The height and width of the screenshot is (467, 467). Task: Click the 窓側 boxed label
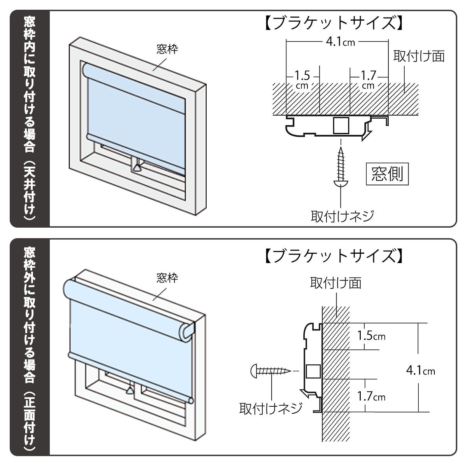[x=387, y=174]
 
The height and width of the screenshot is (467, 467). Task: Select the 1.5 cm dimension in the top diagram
[x=302, y=79]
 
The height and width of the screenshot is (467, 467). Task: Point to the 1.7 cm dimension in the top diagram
[x=368, y=79]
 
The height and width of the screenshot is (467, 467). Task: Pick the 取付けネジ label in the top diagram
[x=342, y=216]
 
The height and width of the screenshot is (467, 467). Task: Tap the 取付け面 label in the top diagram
[x=419, y=56]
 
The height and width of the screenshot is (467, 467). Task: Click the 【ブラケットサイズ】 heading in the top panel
[x=333, y=23]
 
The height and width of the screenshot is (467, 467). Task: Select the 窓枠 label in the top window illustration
[x=167, y=49]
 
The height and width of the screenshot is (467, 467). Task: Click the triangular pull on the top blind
[x=137, y=168]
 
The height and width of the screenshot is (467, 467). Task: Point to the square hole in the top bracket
[x=341, y=125]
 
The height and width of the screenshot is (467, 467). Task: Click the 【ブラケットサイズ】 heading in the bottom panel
[x=333, y=256]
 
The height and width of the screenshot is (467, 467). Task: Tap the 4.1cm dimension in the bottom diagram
[x=420, y=370]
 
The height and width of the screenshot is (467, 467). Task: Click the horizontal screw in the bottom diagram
[x=271, y=370]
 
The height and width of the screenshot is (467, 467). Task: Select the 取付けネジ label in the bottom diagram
[x=271, y=408]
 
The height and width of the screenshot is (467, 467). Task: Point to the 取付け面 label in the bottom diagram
[x=335, y=283]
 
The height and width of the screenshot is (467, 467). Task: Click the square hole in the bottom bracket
[x=313, y=371]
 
